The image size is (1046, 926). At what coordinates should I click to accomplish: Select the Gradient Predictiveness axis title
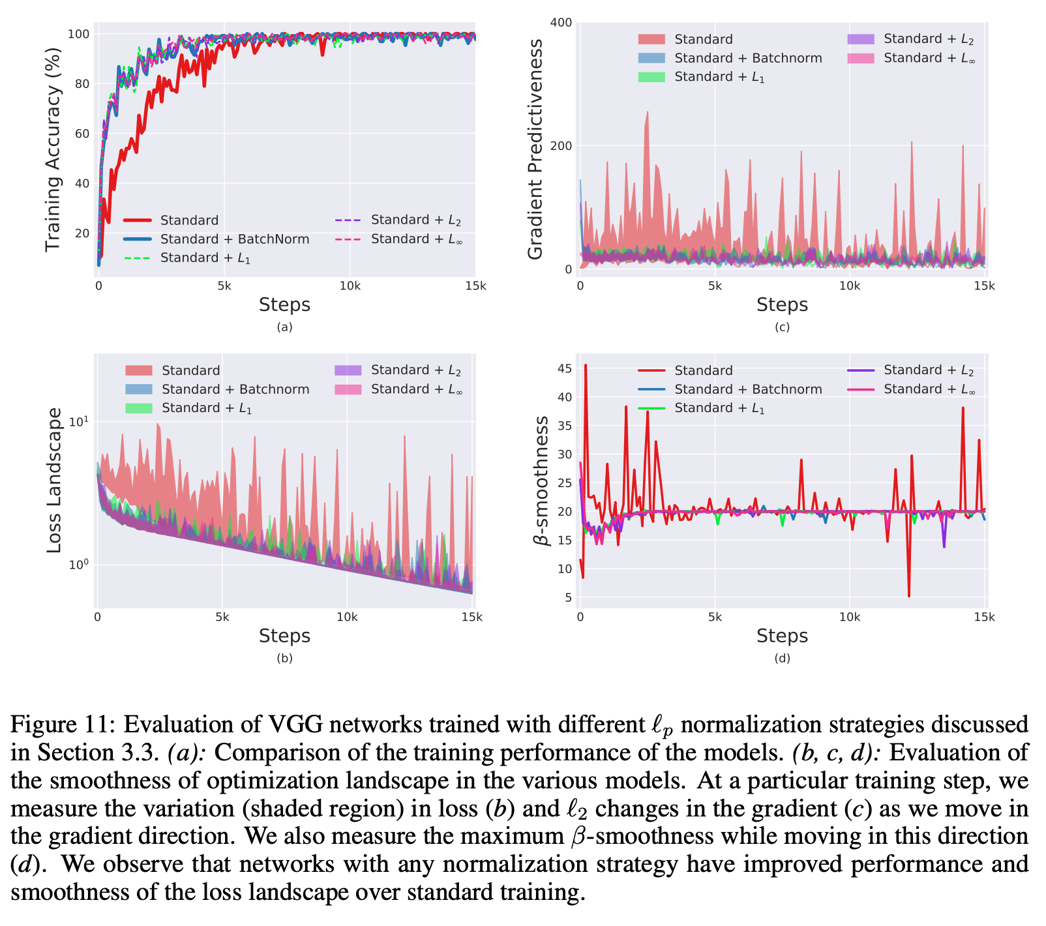pyautogui.click(x=535, y=149)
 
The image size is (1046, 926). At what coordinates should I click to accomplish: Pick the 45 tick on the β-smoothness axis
pyautogui.click(x=564, y=368)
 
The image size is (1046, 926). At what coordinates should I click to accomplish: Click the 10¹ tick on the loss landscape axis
pyautogui.click(x=79, y=421)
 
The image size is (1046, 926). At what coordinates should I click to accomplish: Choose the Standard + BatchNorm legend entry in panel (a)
pyautogui.click(x=235, y=239)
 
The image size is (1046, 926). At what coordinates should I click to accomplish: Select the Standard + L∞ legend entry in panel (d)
pyautogui.click(x=929, y=389)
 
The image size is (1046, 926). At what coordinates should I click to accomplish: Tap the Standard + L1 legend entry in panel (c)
pyautogui.click(x=719, y=77)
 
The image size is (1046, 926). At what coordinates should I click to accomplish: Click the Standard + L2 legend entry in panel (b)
pyautogui.click(x=415, y=370)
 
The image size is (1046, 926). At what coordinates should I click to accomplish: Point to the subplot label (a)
pyautogui.click(x=284, y=327)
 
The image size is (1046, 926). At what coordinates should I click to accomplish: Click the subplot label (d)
pyautogui.click(x=782, y=658)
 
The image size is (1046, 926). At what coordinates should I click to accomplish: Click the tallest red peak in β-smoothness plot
pyautogui.click(x=585, y=366)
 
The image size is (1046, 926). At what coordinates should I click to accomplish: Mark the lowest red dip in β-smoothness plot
pyautogui.click(x=909, y=595)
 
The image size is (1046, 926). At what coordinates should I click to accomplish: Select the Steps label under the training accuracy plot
pyautogui.click(x=284, y=305)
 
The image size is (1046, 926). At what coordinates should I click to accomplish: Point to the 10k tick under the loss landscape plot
pyautogui.click(x=347, y=617)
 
